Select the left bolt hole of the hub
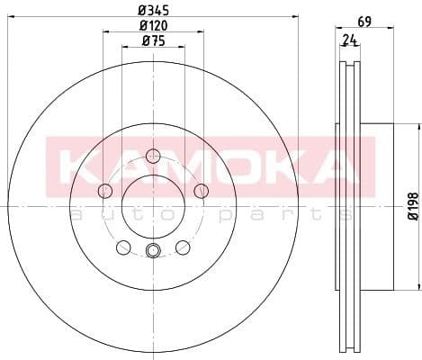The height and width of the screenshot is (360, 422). tap(104, 190)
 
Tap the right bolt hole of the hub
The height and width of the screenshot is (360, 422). tap(201, 190)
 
